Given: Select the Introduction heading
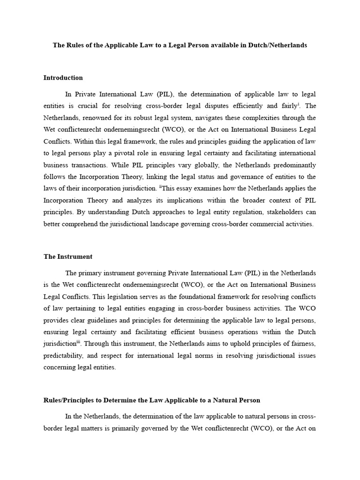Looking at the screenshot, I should click(x=63, y=78).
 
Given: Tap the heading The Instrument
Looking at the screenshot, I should click(x=68, y=256).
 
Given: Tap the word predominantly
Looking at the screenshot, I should click(x=292, y=165).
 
